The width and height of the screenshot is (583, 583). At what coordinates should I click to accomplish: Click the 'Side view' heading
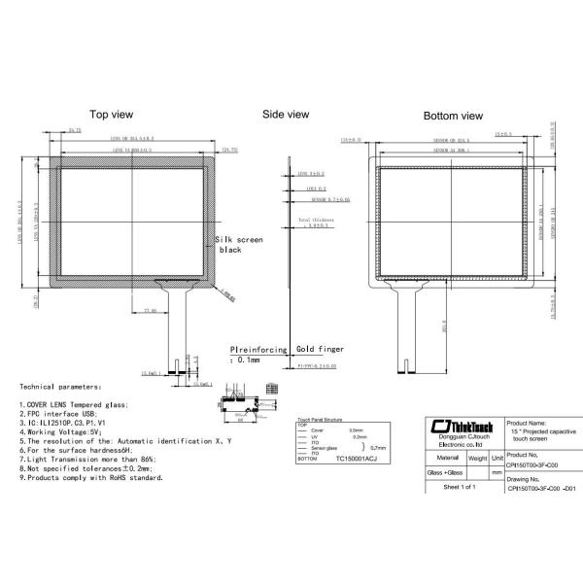pyautogui.click(x=286, y=114)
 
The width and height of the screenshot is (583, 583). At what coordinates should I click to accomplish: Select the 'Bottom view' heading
pyautogui.click(x=453, y=116)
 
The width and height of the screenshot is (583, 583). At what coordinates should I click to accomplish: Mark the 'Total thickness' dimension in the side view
pyautogui.click(x=315, y=223)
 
